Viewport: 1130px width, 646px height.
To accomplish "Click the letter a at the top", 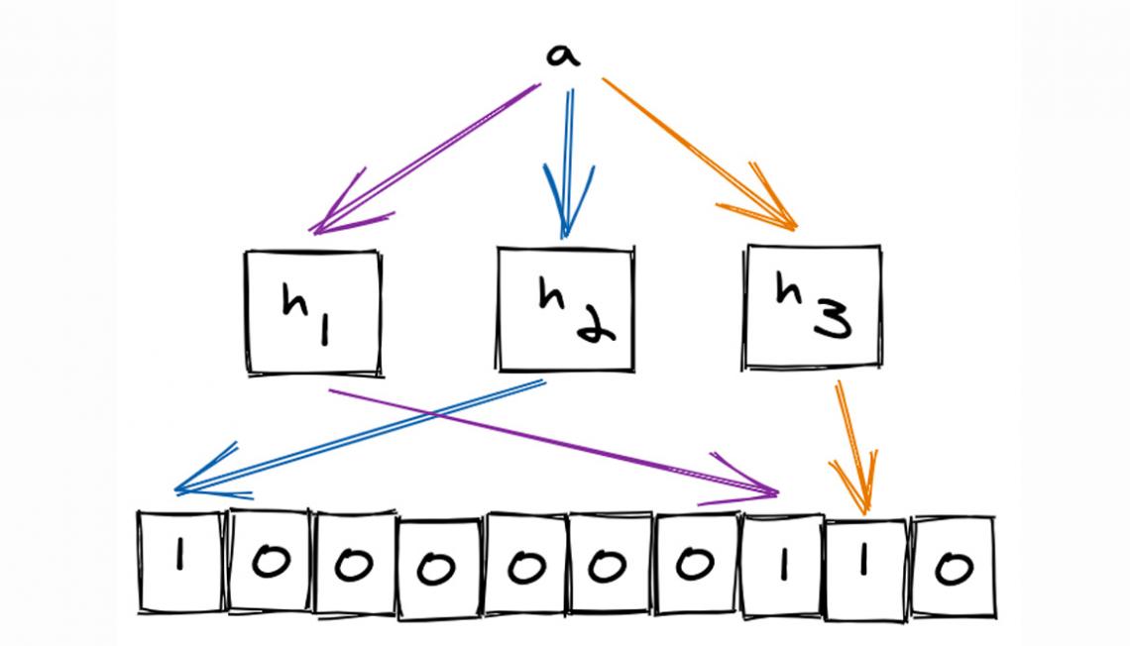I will tap(563, 55).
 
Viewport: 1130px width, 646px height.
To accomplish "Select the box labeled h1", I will tap(313, 311).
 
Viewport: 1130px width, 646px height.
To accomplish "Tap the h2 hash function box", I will tap(565, 308).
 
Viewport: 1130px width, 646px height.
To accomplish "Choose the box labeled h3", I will tap(813, 306).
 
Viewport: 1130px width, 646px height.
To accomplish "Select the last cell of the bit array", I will tap(953, 566).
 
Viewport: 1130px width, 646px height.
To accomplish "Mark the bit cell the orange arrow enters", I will tap(865, 567).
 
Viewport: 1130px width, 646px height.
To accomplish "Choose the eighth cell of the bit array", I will tap(780, 565).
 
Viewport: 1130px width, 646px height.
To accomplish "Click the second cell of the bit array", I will tap(269, 562).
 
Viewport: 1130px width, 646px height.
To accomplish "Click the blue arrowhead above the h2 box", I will tap(566, 213).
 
